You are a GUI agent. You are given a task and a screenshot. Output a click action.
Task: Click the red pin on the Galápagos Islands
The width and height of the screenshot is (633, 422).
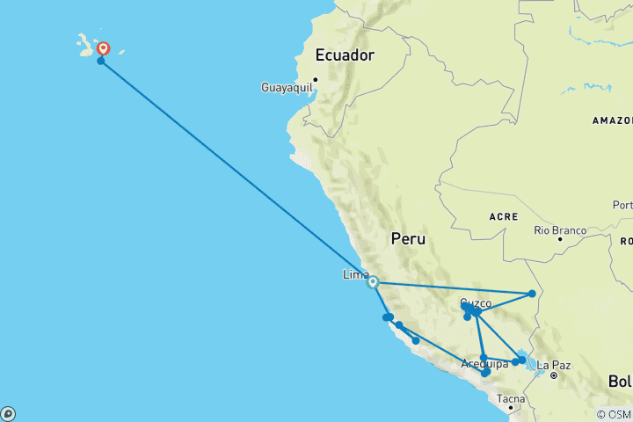[x=103, y=48]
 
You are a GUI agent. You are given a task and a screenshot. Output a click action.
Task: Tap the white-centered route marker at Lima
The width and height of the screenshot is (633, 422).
[x=373, y=282]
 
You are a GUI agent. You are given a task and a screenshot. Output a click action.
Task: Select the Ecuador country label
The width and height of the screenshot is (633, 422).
[x=345, y=55]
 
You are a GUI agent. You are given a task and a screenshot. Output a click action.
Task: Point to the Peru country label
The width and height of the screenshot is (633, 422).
[x=408, y=239]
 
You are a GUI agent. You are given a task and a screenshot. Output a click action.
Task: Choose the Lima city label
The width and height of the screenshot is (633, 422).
[x=355, y=274]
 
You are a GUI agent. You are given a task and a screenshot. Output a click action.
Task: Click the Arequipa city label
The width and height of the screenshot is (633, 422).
[x=484, y=363]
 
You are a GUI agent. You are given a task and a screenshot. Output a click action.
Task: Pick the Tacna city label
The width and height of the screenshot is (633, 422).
[x=511, y=399]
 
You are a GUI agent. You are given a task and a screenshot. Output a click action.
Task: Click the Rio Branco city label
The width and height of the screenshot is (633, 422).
[x=559, y=230]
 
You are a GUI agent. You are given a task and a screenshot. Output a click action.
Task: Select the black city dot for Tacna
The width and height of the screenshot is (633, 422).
[x=510, y=408]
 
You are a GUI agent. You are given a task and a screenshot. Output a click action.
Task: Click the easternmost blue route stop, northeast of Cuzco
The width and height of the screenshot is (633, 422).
[x=532, y=294]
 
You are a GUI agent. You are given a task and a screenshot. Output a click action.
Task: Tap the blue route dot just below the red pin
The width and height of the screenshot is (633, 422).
[x=101, y=61]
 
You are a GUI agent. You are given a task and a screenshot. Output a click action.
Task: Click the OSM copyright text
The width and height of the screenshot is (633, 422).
[x=614, y=414]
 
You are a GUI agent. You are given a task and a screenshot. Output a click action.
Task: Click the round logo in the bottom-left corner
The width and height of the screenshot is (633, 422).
[x=8, y=413]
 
